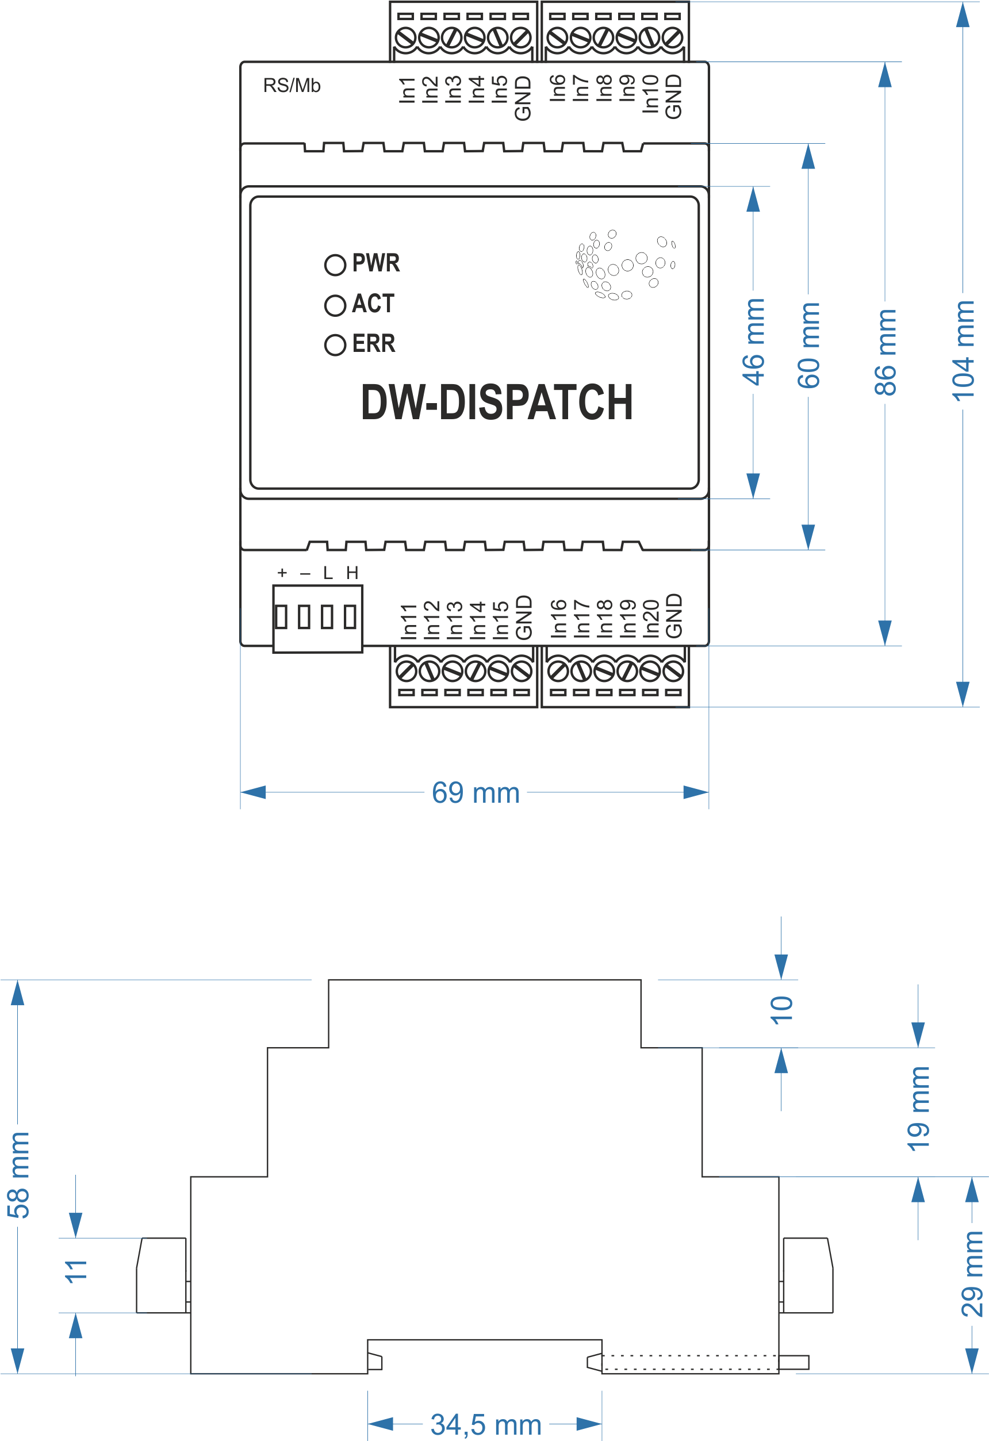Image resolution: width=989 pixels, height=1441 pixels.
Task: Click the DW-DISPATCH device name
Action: tap(497, 402)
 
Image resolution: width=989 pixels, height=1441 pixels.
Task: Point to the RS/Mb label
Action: tap(292, 86)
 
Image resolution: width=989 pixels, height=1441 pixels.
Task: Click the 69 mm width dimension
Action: tap(476, 793)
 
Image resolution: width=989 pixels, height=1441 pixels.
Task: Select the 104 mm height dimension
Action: tap(964, 351)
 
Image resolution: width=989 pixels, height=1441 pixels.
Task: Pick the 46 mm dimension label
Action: tap(754, 342)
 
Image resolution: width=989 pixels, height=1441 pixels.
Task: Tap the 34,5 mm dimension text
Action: tap(486, 1425)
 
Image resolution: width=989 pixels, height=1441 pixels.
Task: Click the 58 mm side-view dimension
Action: tap(18, 1175)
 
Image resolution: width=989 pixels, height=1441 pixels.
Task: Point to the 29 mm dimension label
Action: tap(972, 1274)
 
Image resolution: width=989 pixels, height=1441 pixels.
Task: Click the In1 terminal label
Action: tap(407, 90)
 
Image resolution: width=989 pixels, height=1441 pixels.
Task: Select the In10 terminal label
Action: tap(650, 94)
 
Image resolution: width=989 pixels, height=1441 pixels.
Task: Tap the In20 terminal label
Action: tap(650, 618)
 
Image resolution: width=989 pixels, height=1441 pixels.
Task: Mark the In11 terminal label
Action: tap(409, 621)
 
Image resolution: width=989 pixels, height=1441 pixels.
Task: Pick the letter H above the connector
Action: tap(352, 573)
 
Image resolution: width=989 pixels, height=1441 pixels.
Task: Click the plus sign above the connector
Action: tap(282, 573)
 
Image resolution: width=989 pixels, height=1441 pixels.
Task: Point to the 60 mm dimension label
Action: tap(809, 346)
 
